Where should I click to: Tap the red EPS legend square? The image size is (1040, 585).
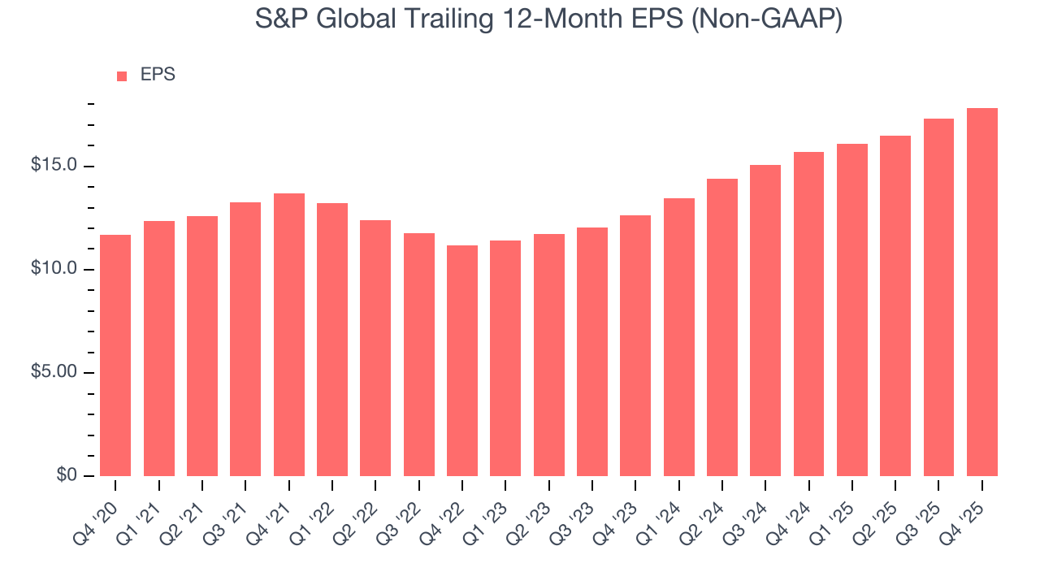(122, 76)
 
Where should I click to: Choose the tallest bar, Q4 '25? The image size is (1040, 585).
(982, 292)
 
